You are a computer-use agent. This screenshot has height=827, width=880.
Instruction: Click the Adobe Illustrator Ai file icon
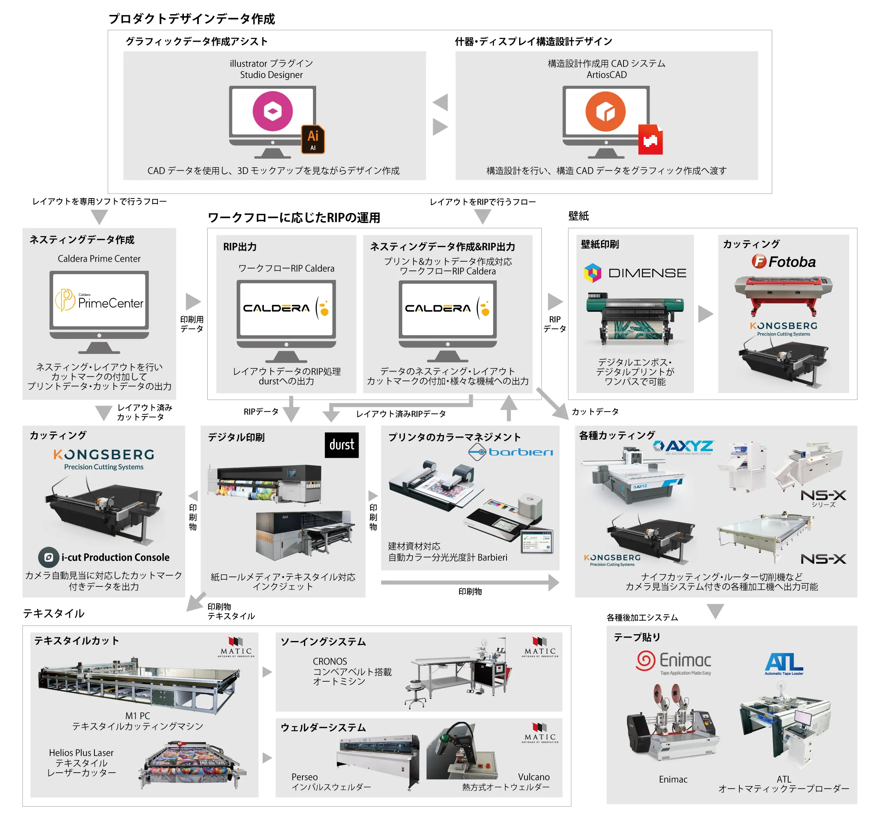click(x=313, y=139)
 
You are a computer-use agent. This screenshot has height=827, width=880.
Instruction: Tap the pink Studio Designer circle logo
click(x=272, y=111)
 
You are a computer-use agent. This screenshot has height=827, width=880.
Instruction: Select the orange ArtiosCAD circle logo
click(x=605, y=111)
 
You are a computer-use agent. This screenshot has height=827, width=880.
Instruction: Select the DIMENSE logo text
click(x=647, y=273)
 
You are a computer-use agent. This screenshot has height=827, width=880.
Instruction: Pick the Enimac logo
click(x=673, y=661)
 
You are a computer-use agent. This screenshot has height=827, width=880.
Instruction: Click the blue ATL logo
click(x=784, y=663)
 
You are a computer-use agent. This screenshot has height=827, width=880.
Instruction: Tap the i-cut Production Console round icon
click(x=49, y=557)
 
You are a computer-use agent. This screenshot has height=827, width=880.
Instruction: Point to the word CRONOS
click(x=330, y=661)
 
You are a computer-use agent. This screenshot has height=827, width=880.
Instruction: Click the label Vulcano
click(x=533, y=777)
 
